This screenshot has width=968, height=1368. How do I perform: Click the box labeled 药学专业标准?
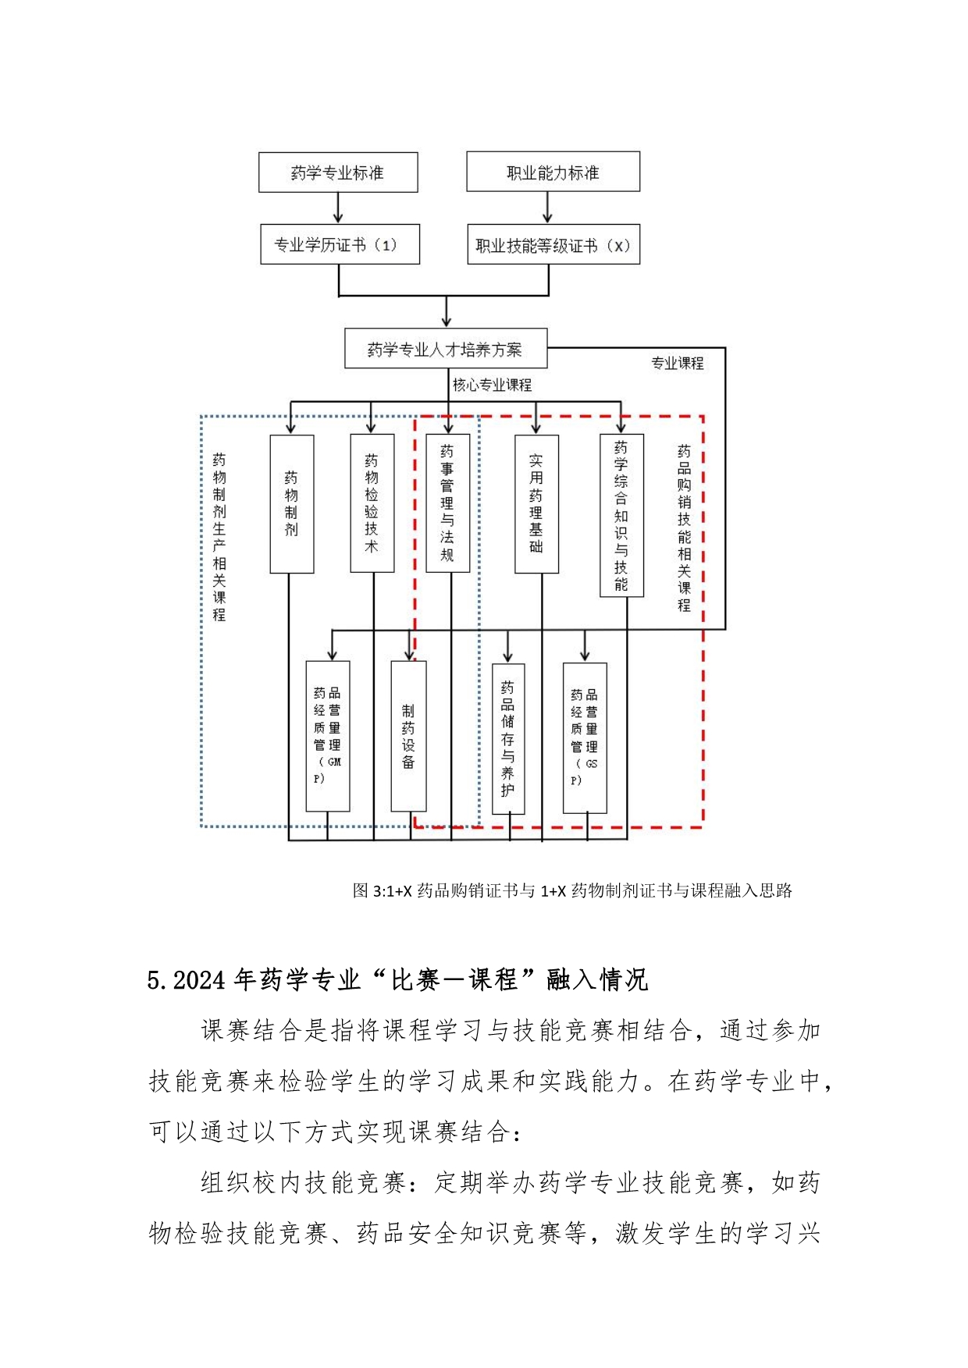point(338,172)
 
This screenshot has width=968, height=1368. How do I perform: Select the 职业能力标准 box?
point(553,172)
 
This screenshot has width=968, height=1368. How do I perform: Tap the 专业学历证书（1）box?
point(340,244)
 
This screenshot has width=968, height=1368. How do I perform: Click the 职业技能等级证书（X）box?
point(553,244)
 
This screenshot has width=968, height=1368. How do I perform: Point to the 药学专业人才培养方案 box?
point(446,348)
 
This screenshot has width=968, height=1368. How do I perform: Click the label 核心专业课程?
point(492,385)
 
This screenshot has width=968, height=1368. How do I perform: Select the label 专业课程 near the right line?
point(677,363)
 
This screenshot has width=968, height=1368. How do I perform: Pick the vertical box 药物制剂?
point(292,504)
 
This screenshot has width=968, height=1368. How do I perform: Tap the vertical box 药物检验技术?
point(372,503)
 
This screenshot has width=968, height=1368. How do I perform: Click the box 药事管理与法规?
point(448,503)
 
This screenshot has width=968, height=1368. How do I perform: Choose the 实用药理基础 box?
point(536,504)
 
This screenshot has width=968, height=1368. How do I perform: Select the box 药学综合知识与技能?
point(621,515)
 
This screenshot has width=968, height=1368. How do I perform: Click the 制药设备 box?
point(408,736)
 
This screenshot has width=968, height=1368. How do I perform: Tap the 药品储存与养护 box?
point(508,738)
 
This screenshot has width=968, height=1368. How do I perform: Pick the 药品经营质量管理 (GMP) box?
point(328,736)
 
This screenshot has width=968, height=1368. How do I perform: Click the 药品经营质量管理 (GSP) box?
point(585,737)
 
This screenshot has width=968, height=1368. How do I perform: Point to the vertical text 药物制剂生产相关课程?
point(219,537)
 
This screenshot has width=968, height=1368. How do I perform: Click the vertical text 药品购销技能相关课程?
point(684,528)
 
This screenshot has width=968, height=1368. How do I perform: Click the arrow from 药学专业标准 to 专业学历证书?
point(338,208)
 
